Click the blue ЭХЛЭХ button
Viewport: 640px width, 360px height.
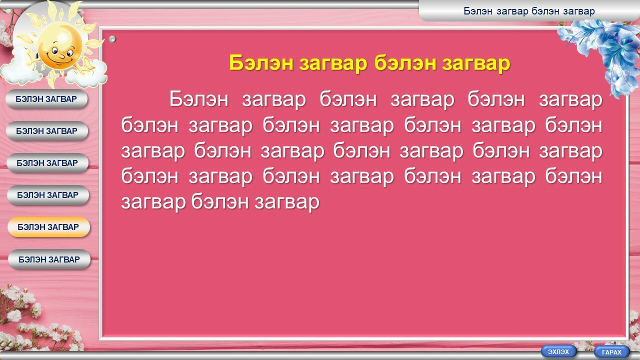(x=558, y=351)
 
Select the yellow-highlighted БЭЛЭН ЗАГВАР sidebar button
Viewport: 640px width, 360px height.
(x=48, y=227)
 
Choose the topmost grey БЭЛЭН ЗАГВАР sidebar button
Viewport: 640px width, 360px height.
(x=46, y=99)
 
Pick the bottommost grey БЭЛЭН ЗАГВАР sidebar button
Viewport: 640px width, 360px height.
(x=49, y=259)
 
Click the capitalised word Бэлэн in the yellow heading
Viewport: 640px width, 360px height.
(x=261, y=63)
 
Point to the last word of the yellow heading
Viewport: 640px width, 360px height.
(x=476, y=63)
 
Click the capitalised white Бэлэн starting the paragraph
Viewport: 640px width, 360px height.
(x=199, y=99)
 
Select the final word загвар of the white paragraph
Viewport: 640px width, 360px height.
(x=287, y=202)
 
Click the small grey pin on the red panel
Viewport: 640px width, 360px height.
(x=112, y=39)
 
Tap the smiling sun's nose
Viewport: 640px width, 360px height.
(x=61, y=56)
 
